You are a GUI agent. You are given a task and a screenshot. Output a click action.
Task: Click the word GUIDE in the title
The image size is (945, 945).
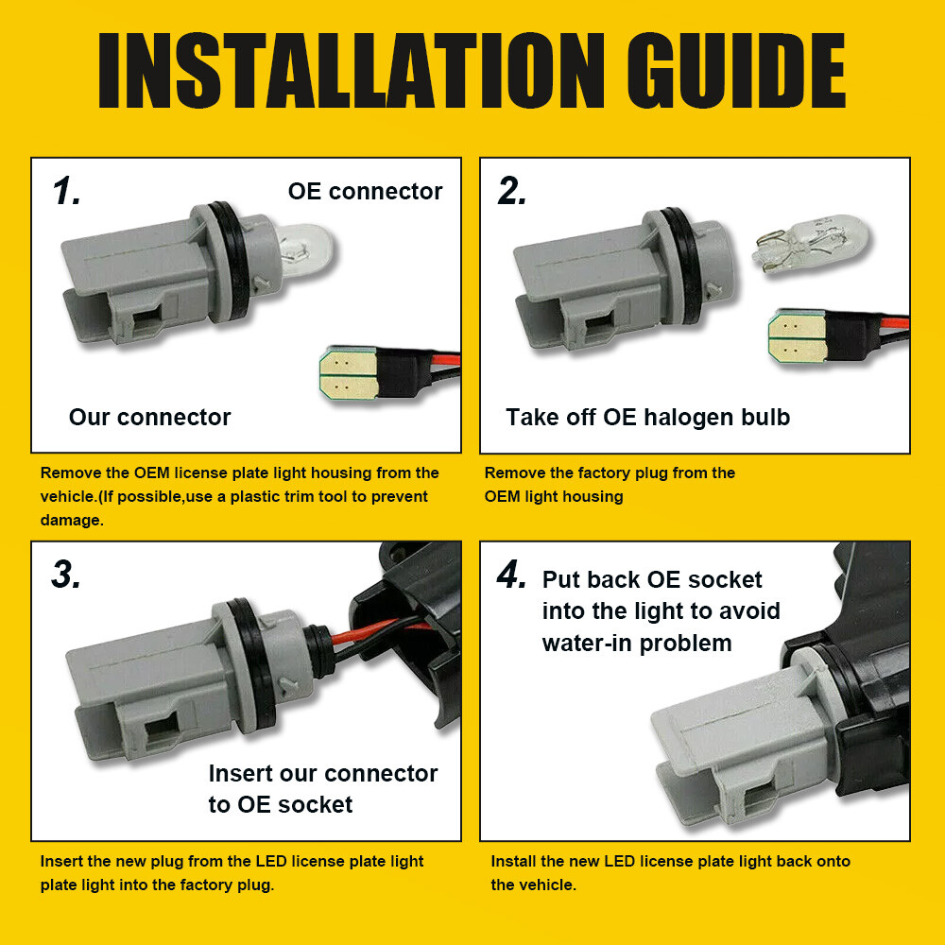(735, 71)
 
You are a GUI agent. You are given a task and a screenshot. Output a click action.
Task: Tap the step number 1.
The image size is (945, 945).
(66, 191)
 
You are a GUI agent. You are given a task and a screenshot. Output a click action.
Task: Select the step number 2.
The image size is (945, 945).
(512, 191)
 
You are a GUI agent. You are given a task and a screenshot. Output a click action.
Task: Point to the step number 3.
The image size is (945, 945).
(66, 575)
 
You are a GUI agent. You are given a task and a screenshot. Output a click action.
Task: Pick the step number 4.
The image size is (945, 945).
(511, 575)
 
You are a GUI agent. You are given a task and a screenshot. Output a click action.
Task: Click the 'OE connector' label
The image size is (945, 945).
(365, 191)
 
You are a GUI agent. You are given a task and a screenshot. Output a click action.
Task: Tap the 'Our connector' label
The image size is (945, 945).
(150, 417)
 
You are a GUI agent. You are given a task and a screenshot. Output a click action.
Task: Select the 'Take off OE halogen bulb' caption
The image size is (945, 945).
(648, 417)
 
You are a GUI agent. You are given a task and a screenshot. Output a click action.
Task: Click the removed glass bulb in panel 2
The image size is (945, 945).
(811, 245)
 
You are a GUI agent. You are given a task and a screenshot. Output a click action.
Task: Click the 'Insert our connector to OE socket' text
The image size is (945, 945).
(323, 789)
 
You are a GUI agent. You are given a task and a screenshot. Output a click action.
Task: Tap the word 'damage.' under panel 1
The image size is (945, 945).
(72, 520)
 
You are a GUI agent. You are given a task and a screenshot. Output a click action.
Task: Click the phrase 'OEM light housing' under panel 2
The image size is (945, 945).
(554, 497)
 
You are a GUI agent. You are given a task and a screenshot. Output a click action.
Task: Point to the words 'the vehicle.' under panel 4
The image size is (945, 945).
(533, 885)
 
